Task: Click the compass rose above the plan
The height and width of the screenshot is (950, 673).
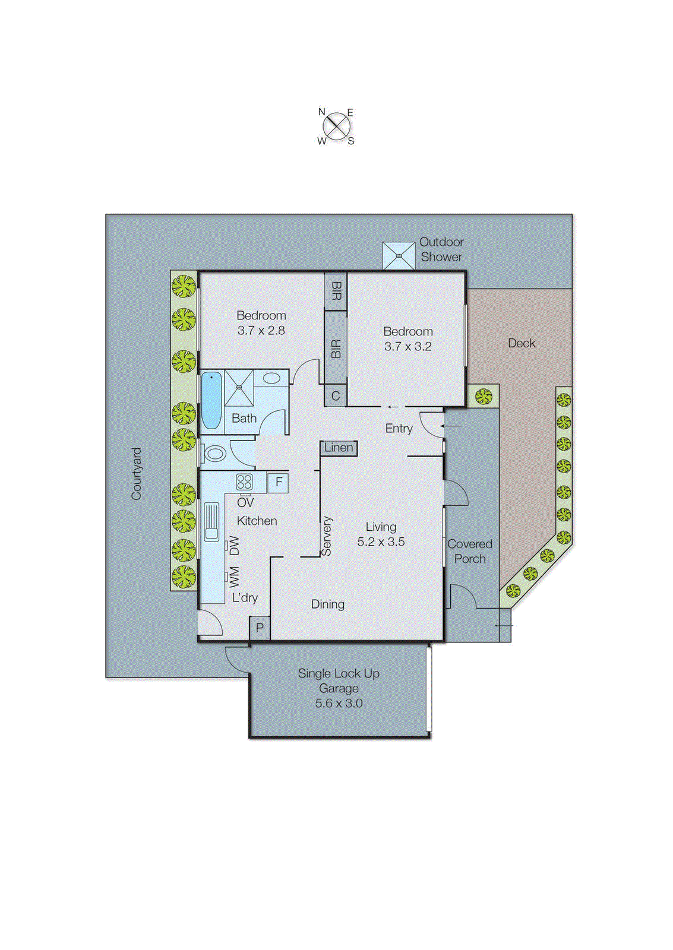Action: pyautogui.click(x=337, y=126)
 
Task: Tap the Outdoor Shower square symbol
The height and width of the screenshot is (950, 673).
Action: pyautogui.click(x=399, y=256)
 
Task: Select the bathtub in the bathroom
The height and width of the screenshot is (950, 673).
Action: pyautogui.click(x=211, y=400)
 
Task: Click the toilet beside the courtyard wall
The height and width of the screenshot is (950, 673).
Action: pyautogui.click(x=213, y=454)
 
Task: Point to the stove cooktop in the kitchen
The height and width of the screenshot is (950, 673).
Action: pyautogui.click(x=244, y=482)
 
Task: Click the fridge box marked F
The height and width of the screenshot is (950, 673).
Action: pyautogui.click(x=278, y=482)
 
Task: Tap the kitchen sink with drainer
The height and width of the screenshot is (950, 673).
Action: pyautogui.click(x=211, y=521)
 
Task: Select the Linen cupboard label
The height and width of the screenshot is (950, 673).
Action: pyautogui.click(x=339, y=448)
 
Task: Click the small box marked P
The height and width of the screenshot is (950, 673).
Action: pyautogui.click(x=260, y=628)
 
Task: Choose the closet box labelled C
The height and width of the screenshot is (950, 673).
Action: pyautogui.click(x=336, y=396)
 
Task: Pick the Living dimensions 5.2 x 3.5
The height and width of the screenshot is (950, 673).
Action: pyautogui.click(x=381, y=541)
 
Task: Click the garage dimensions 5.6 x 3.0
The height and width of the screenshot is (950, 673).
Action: pyautogui.click(x=339, y=703)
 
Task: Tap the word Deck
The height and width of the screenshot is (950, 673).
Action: pyautogui.click(x=522, y=343)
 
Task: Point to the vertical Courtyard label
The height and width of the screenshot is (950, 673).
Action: pyautogui.click(x=137, y=473)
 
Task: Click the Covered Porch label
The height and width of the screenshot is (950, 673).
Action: pyautogui.click(x=469, y=551)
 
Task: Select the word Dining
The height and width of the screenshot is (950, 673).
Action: pyautogui.click(x=327, y=604)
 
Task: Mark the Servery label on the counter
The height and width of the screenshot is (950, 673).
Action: pyautogui.click(x=327, y=536)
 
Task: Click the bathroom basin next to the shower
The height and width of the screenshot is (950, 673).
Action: pyautogui.click(x=271, y=378)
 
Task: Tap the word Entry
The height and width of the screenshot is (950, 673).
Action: pyautogui.click(x=399, y=428)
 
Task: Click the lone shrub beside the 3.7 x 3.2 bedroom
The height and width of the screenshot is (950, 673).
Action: pyautogui.click(x=484, y=395)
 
